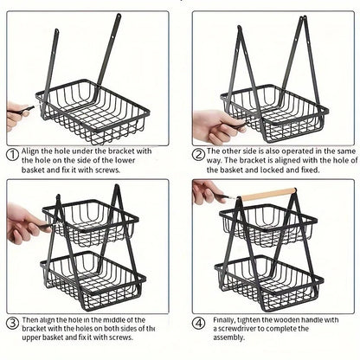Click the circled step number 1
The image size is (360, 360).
(x=12, y=154)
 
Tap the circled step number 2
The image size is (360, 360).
(x=198, y=154)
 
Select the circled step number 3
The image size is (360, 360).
(x=12, y=325)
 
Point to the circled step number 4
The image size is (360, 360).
(x=198, y=325)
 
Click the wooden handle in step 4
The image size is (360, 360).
(x=263, y=194)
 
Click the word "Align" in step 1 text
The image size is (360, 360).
(x=32, y=151)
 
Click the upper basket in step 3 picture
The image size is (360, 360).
(x=90, y=220)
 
